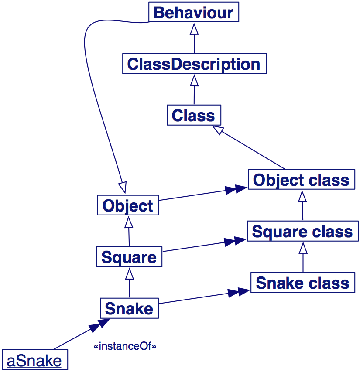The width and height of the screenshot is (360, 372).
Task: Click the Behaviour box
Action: (194, 12)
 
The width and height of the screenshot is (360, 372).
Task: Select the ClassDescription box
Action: (194, 64)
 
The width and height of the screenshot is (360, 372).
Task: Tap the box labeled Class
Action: (194, 116)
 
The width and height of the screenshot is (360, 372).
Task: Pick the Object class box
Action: (302, 180)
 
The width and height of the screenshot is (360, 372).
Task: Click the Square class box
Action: (302, 231)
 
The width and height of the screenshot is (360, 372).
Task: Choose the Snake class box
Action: (302, 283)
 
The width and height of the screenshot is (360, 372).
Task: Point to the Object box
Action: (128, 205)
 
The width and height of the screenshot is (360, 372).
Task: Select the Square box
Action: (129, 257)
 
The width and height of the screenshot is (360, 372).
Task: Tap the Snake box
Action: (129, 308)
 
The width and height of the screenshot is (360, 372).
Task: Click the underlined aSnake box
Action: (34, 361)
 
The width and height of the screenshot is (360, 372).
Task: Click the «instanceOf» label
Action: (125, 347)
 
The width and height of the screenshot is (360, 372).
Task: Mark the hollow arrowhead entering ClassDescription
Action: (194, 80)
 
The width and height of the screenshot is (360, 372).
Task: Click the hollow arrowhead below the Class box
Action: (217, 130)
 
